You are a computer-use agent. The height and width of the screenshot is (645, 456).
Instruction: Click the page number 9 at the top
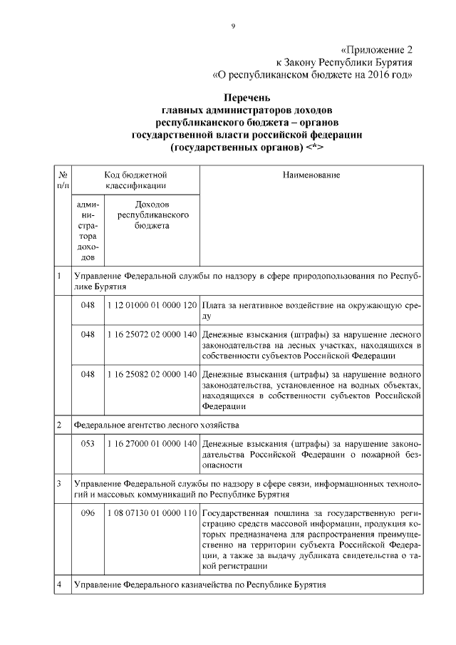coord(232,26)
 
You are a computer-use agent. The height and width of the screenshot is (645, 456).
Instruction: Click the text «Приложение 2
coord(376,50)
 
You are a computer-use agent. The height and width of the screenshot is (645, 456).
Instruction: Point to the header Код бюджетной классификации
coord(135,180)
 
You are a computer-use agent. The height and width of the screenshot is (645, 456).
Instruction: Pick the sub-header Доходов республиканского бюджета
coord(152,215)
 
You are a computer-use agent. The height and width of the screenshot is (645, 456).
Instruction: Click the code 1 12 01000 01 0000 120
coord(152,306)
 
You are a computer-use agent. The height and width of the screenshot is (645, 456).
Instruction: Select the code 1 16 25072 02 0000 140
coord(152,334)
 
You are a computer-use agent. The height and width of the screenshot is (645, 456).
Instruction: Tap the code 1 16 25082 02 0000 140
coord(152,373)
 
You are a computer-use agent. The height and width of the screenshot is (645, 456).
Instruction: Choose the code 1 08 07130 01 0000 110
coord(152,513)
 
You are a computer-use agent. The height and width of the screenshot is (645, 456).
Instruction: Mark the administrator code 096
coord(88,513)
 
